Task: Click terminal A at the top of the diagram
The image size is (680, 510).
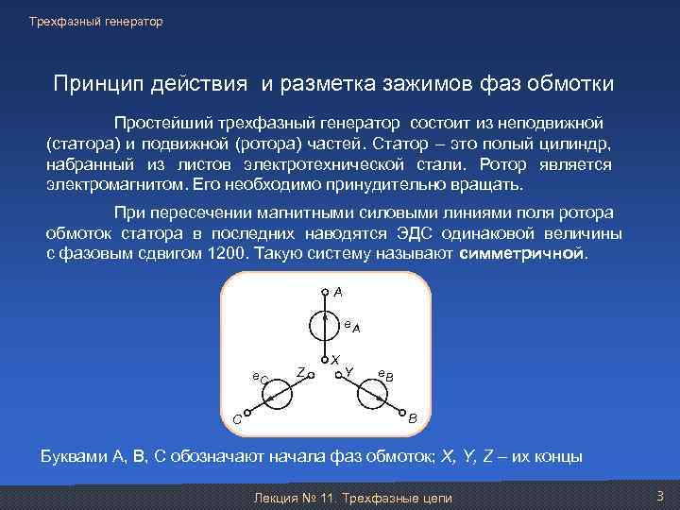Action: click(325, 292)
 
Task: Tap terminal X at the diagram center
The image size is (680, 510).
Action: click(325, 360)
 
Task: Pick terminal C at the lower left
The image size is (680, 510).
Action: click(246, 412)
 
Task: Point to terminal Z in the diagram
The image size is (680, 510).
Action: click(310, 373)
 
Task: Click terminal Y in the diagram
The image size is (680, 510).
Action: click(341, 373)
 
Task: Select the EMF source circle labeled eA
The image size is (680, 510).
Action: click(325, 326)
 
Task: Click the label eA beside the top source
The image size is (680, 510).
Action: click(351, 326)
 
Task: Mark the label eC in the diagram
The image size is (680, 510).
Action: click(260, 378)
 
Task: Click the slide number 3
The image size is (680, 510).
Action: click(660, 496)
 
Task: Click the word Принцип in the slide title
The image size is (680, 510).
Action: click(93, 84)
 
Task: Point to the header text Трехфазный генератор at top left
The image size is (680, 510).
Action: click(95, 22)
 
